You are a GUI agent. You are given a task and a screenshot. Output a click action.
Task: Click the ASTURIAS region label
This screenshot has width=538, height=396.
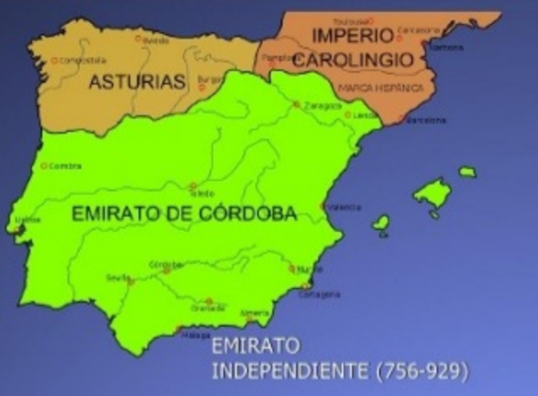pyautogui.click(x=136, y=82)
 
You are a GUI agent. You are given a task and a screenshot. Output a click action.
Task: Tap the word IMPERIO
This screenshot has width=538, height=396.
pyautogui.click(x=352, y=35)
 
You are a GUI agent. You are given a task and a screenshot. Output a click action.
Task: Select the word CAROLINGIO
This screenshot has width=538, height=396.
pyautogui.click(x=365, y=60)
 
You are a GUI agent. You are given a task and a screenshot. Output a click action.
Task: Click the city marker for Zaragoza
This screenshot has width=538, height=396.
pyautogui.click(x=296, y=104)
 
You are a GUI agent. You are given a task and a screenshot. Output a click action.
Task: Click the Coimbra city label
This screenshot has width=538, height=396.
pyautogui.click(x=65, y=166)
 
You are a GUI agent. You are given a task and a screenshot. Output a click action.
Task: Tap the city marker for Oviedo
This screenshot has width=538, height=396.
pyautogui.click(x=138, y=38)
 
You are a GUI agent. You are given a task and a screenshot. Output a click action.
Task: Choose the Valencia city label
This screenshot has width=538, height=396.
pyautogui.click(x=345, y=207)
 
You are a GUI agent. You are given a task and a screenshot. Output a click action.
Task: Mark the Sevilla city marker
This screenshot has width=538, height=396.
pyautogui.click(x=130, y=282)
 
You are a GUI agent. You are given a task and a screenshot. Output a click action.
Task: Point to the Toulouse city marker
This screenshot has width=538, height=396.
pyautogui.click(x=370, y=20)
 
